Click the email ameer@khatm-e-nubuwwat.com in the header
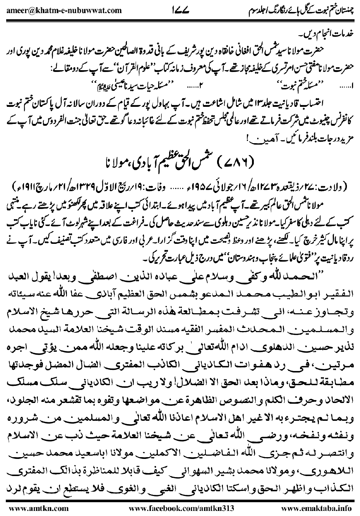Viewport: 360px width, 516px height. (x=64, y=10)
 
